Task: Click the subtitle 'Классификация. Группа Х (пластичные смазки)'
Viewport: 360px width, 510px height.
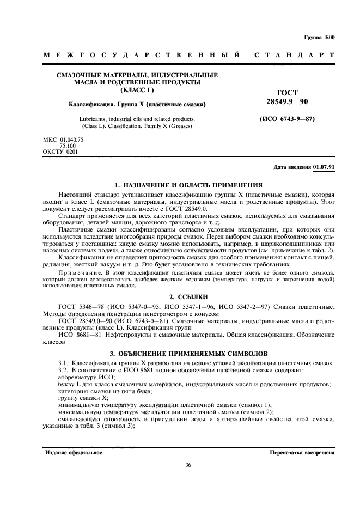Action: pos(137,104)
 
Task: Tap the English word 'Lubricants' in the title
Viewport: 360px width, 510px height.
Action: pos(93,118)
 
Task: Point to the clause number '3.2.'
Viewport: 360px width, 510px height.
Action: pos(65,370)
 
